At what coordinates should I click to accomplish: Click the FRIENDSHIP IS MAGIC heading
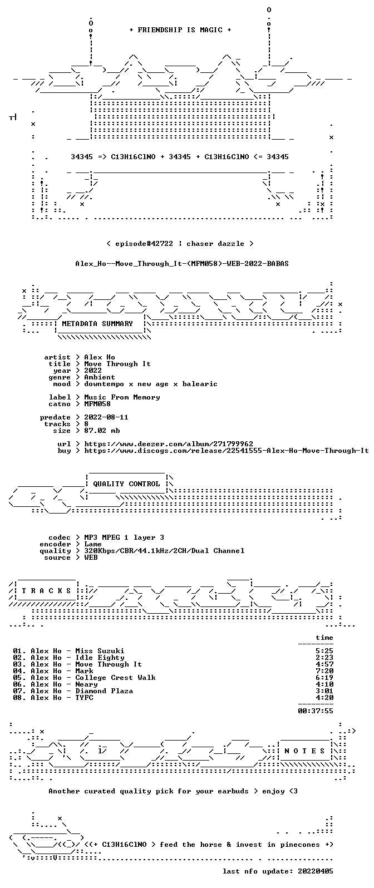[180, 29]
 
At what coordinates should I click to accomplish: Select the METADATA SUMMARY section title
[97, 323]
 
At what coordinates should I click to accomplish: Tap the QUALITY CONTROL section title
[126, 484]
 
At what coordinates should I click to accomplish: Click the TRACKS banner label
[46, 591]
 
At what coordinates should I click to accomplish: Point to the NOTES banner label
[304, 751]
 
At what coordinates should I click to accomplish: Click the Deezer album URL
[169, 443]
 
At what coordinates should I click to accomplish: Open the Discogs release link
[227, 450]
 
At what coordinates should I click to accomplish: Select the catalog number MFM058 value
[97, 403]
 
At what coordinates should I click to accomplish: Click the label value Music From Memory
[122, 397]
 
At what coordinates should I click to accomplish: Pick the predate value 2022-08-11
[106, 417]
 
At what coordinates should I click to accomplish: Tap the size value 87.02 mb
[102, 431]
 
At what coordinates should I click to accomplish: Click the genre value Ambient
[100, 377]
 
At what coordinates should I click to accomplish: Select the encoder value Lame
[93, 544]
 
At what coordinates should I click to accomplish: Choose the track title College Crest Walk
[115, 678]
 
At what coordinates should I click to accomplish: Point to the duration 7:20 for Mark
[324, 671]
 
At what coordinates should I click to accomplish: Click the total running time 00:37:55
[316, 711]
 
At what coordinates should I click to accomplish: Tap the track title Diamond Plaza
[104, 691]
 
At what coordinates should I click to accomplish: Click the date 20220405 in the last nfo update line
[316, 871]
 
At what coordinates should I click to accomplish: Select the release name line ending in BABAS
[182, 263]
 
